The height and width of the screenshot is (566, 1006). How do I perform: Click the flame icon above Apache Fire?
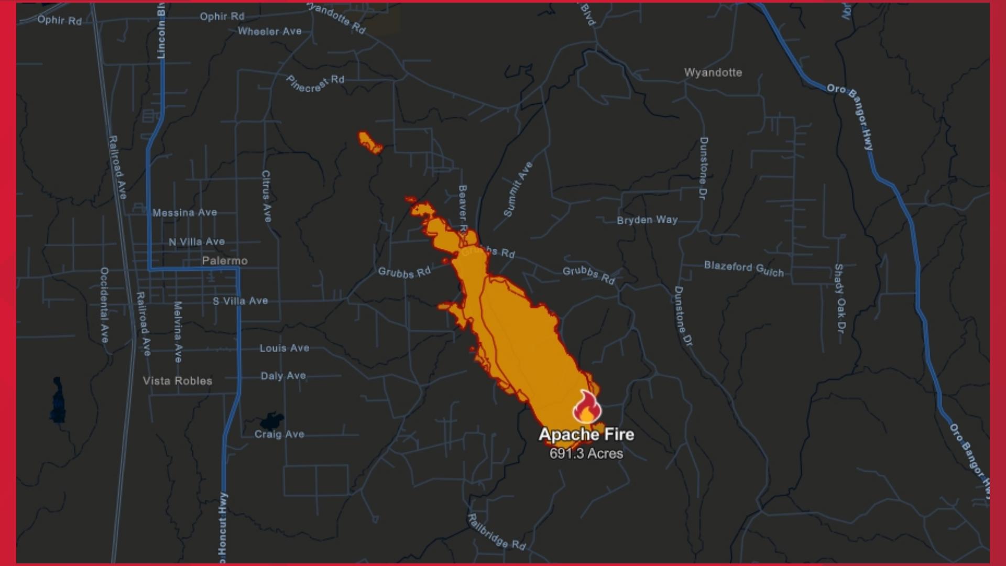point(586,407)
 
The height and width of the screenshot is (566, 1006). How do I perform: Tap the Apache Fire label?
point(586,434)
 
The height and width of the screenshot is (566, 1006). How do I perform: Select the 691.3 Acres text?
point(586,453)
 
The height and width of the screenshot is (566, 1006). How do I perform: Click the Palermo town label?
point(225,260)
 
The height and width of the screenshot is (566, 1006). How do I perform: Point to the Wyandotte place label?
point(713,72)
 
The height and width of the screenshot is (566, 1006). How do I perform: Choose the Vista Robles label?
point(178,381)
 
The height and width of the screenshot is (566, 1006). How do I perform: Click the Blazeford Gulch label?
point(743,268)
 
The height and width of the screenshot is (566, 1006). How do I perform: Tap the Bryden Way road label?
point(647,220)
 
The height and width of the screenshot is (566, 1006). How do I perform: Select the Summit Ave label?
point(518,189)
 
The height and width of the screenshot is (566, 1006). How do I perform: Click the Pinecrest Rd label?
point(315,84)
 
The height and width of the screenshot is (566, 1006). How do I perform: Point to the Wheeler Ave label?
point(269,31)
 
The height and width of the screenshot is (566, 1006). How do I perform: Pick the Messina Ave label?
point(184,213)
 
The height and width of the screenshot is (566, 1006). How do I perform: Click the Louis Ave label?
point(285,348)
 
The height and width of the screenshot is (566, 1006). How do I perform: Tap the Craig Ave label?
point(279,434)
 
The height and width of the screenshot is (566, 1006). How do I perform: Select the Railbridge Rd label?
point(496,531)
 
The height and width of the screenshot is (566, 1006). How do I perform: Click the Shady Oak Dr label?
point(839,298)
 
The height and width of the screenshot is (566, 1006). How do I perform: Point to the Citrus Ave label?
point(266,196)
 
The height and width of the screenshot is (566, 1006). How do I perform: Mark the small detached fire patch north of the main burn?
point(370,143)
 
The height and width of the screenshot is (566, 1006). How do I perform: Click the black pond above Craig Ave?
point(271,420)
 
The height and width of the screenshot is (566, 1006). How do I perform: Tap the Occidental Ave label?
point(104,304)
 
